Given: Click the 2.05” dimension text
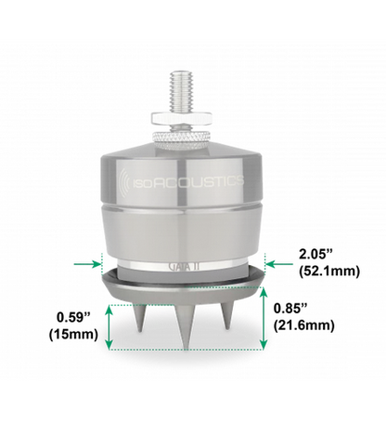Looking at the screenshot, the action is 315,255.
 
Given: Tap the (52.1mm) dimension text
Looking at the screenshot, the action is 329,272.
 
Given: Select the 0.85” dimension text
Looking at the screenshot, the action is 290,309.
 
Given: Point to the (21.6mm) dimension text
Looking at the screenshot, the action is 304,325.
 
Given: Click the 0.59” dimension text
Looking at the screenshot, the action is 73,317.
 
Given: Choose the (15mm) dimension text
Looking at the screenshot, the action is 73,335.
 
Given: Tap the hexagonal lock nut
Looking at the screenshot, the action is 181,119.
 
